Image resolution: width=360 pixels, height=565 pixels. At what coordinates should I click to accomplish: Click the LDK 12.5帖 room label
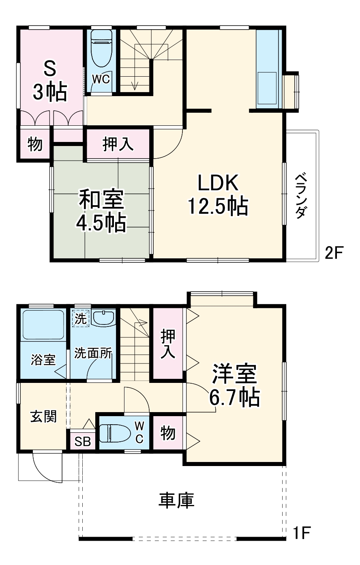coord(217,195)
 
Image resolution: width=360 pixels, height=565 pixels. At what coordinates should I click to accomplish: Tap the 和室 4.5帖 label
coord(101,211)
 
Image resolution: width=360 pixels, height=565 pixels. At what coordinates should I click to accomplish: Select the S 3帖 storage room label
coord(49,81)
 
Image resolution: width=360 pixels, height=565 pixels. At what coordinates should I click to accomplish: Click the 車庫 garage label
coord(176,501)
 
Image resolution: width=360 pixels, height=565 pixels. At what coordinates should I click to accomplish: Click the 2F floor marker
coord(334,253)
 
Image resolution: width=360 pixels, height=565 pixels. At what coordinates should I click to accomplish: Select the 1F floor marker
coord(302,532)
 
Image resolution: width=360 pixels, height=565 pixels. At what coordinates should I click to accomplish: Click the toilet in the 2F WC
coord(101,49)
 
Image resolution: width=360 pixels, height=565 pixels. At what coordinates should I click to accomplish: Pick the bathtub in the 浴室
coord(43,325)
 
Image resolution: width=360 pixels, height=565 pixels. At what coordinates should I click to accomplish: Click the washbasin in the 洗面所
coord(104,318)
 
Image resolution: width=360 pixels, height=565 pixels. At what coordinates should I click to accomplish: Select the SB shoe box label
coord(83,442)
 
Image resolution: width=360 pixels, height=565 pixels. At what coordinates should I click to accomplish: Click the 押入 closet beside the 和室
coord(118,144)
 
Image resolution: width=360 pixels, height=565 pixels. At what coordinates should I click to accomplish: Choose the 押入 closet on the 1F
coord(168,344)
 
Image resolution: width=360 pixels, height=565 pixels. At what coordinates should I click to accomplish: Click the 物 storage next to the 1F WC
coord(168,433)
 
